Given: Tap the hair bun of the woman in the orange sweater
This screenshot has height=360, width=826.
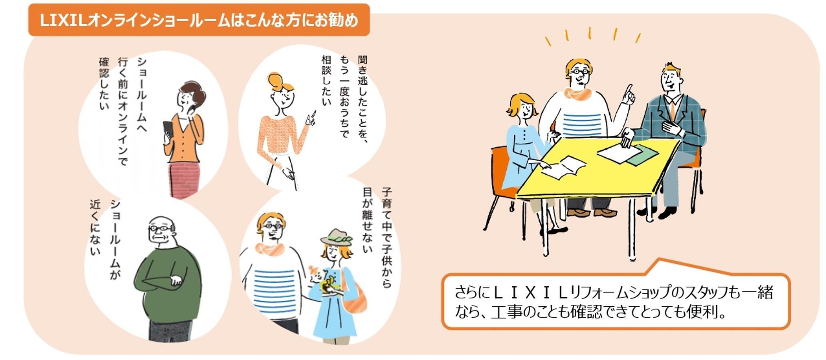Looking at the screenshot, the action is click(x=276, y=80).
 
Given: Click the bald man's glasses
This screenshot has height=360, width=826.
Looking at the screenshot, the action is click(x=160, y=228).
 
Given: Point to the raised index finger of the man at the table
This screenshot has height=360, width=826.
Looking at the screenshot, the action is click(x=629, y=90).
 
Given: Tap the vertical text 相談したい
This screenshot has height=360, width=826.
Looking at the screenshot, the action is click(x=327, y=80).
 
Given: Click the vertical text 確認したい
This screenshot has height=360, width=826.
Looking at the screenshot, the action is click(x=104, y=84).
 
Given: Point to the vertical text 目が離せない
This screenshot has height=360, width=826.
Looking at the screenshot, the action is click(x=367, y=220).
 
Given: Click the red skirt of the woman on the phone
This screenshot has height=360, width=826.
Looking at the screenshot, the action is click(x=184, y=180).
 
